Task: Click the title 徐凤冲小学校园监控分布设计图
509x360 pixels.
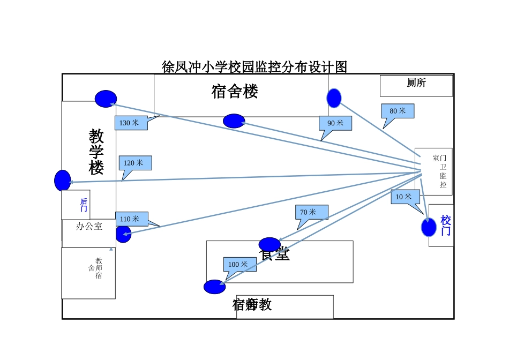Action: (254, 67)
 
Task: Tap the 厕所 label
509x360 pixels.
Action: (416, 83)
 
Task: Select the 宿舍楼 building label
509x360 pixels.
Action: (235, 92)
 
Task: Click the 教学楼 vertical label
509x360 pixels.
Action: (96, 152)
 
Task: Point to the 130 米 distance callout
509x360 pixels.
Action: (129, 123)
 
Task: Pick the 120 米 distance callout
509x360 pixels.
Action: (134, 163)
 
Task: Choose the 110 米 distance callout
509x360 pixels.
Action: (130, 219)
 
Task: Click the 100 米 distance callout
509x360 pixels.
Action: (239, 264)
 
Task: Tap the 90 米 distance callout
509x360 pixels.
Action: (335, 123)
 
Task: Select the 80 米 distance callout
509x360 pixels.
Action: (398, 111)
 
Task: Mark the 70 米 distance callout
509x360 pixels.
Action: (311, 212)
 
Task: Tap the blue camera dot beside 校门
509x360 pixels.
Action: (429, 228)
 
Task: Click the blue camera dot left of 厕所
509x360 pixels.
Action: (334, 98)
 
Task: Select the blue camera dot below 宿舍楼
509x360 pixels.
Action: (234, 121)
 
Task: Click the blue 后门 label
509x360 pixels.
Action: (84, 205)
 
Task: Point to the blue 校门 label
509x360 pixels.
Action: (446, 226)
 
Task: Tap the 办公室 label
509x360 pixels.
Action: (89, 227)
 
